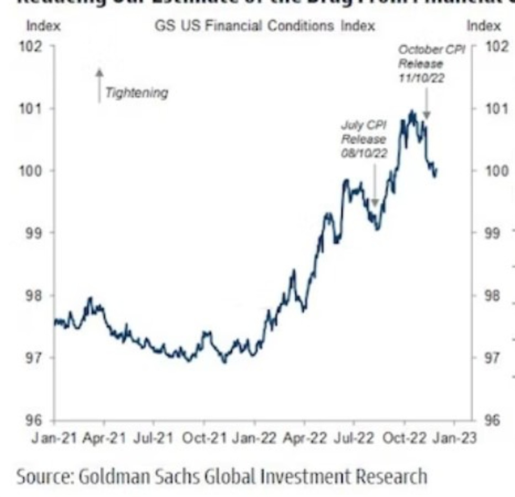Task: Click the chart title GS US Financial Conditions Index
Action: pyautogui.click(x=265, y=26)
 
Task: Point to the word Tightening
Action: pyautogui.click(x=136, y=93)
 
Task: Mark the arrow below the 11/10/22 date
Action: pyautogui.click(x=427, y=100)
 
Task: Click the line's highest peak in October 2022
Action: pyautogui.click(x=411, y=112)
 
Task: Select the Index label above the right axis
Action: pyautogui.click(x=483, y=26)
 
